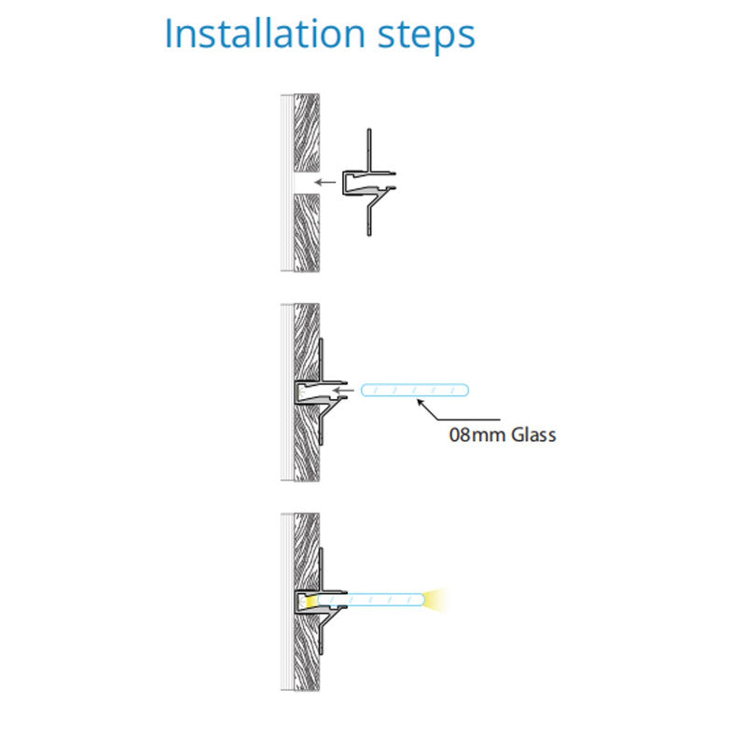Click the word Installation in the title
(x=265, y=34)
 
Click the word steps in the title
(x=426, y=36)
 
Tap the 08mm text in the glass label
(x=477, y=435)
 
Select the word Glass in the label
(x=533, y=435)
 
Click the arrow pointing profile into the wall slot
(x=325, y=182)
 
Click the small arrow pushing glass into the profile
(x=343, y=391)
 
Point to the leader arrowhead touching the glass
(x=421, y=403)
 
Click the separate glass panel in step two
(x=415, y=390)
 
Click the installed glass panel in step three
(x=371, y=600)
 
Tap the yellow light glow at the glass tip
(x=436, y=600)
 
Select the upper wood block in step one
(x=307, y=132)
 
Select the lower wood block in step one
(x=307, y=232)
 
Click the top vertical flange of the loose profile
(x=369, y=149)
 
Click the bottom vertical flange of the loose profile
(x=369, y=217)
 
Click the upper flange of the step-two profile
(x=321, y=360)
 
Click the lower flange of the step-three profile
(x=321, y=636)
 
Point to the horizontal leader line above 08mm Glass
(x=469, y=420)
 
